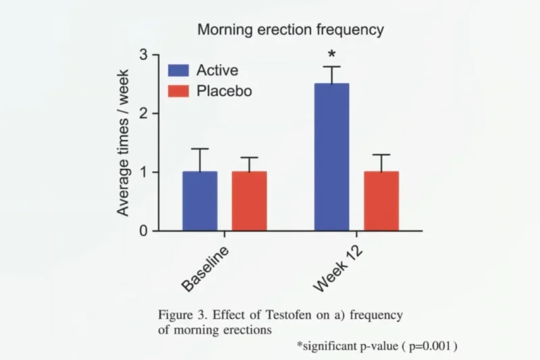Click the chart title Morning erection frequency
tap(291, 30)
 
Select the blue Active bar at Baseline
tap(200, 201)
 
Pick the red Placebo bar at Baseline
tap(249, 201)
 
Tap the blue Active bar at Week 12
tap(331, 157)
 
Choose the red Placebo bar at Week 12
tap(381, 201)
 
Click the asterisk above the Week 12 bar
tap(331, 54)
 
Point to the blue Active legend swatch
tap(178, 70)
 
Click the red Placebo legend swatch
tap(178, 91)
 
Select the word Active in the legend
tap(217, 70)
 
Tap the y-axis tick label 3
tap(144, 55)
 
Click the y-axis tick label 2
tap(144, 113)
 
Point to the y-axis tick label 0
tap(144, 231)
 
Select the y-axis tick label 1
tap(144, 172)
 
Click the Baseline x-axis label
tap(205, 269)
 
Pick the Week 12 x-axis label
tap(338, 269)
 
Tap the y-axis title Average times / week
tap(123, 143)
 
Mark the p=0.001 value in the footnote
tap(429, 346)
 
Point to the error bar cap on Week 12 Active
tap(332, 66)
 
